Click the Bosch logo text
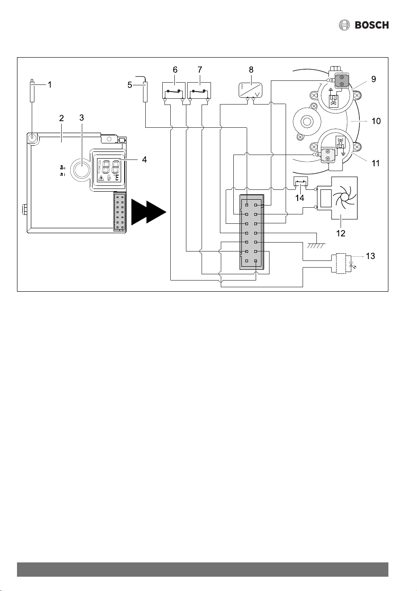coord(371,25)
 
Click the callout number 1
coord(50,85)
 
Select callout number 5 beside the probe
coord(130,85)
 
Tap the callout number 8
coord(251,70)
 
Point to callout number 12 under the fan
coord(341,233)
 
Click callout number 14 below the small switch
coord(299,198)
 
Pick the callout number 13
coord(370,256)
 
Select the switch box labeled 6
coord(173,91)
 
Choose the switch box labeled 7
coord(199,91)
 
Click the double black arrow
coord(148,212)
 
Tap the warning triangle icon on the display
coord(101,178)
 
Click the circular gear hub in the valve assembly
coord(307,122)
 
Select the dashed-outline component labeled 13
coord(341,264)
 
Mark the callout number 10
coord(376,121)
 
